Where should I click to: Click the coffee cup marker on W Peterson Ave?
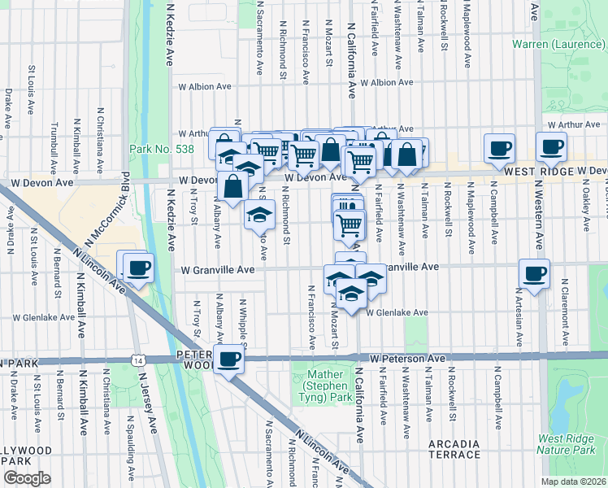pos(228,359)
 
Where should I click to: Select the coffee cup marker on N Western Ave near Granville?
pos(534,274)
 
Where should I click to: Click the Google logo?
pos(26,478)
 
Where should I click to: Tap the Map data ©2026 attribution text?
pos(573,481)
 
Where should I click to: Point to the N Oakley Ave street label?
pos(585,209)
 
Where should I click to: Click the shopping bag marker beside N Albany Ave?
pos(232,185)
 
